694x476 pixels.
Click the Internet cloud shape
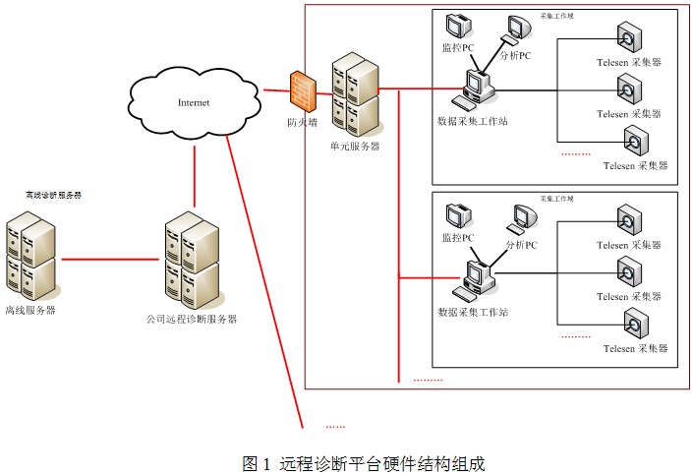(194, 101)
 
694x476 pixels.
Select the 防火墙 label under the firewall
(302, 124)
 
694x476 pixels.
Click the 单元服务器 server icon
(354, 96)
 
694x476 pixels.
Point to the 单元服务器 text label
(355, 147)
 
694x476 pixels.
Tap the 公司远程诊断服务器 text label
(192, 319)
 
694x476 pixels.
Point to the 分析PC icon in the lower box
(521, 221)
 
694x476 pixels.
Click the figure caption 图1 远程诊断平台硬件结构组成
(364, 462)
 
